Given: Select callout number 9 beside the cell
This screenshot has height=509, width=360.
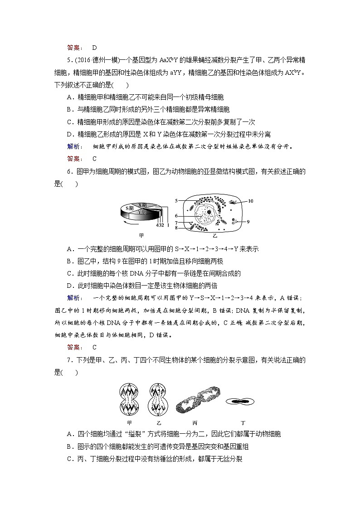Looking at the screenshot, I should [248, 221].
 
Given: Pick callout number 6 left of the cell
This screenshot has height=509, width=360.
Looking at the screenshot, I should [177, 216].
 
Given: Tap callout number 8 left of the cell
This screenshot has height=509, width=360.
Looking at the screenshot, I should [177, 228].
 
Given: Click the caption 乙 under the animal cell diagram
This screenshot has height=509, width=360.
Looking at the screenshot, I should [215, 236].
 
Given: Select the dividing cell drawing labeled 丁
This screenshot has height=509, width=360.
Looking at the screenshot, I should [240, 401].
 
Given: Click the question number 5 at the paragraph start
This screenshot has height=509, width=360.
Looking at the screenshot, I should [68, 59].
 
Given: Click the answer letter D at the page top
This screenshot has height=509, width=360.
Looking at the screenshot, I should [94, 47].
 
